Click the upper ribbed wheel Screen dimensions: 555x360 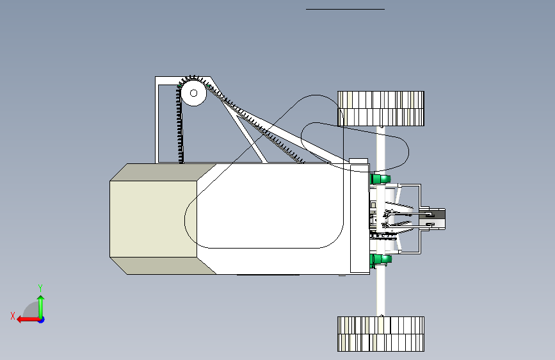click(x=381, y=109)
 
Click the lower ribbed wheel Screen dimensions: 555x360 click(x=381, y=334)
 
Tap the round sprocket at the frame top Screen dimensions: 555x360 click(x=193, y=93)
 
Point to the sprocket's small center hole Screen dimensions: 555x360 click(x=193, y=93)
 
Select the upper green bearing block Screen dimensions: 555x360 click(x=380, y=179)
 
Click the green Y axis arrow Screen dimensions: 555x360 click(x=41, y=307)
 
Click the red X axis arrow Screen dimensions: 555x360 click(x=28, y=320)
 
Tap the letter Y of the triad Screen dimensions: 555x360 click(x=40, y=288)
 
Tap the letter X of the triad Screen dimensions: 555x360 click(x=13, y=316)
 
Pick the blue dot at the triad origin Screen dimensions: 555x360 click(x=42, y=320)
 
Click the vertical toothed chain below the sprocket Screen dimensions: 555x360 click(x=180, y=124)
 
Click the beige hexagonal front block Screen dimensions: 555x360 click(x=153, y=219)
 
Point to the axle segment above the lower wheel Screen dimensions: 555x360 click(x=381, y=291)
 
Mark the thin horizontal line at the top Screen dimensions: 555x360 click(x=345, y=9)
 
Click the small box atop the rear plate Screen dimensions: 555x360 click(x=358, y=161)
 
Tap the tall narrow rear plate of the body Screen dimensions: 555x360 click(x=360, y=218)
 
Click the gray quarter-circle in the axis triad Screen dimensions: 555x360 click(x=31, y=310)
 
